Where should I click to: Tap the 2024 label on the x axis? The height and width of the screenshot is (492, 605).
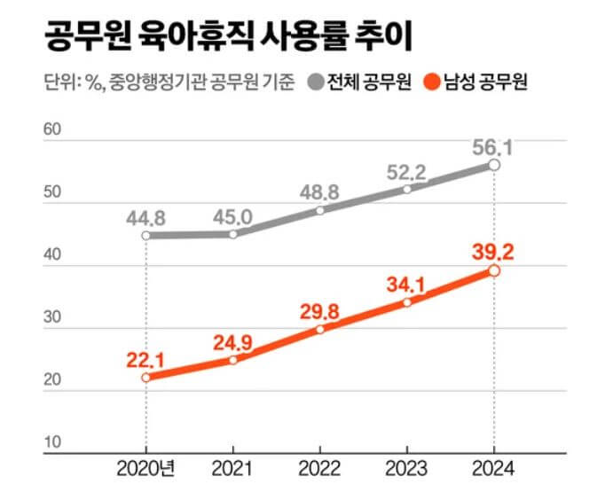point(494,467)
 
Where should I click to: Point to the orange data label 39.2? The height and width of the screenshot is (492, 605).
point(494,250)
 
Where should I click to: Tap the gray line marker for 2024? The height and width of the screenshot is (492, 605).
point(494,165)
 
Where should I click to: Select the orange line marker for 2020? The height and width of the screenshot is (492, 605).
point(145,378)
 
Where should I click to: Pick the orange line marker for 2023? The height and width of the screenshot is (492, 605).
point(406,302)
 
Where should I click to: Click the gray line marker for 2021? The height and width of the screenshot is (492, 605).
point(233,234)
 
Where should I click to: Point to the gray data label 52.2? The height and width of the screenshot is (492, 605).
point(406,169)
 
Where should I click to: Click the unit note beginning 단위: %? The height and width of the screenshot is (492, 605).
point(168,85)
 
